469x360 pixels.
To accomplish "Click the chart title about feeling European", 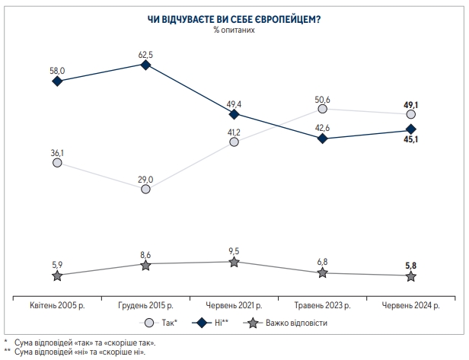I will pyautogui.click(x=234, y=21).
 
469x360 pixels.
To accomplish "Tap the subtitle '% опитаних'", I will pyautogui.click(x=234, y=31).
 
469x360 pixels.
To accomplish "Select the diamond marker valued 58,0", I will pyautogui.click(x=57, y=81).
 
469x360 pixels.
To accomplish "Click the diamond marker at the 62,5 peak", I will pyautogui.click(x=146, y=65).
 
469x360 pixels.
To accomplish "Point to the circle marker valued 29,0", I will pyautogui.click(x=146, y=189).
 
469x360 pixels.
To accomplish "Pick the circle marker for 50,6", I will pyautogui.click(x=323, y=110).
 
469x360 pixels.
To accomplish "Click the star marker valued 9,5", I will pyautogui.click(x=234, y=262).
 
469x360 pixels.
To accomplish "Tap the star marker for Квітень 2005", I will pyautogui.click(x=57, y=275).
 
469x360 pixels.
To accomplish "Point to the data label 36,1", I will pyautogui.click(x=57, y=153).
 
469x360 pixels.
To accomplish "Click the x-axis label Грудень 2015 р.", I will pyautogui.click(x=145, y=304).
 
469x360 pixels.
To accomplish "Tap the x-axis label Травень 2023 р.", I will pyautogui.click(x=323, y=304).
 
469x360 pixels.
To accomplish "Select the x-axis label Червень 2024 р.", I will pyautogui.click(x=411, y=304).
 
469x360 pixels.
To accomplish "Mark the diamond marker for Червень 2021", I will pyautogui.click(x=234, y=114).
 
